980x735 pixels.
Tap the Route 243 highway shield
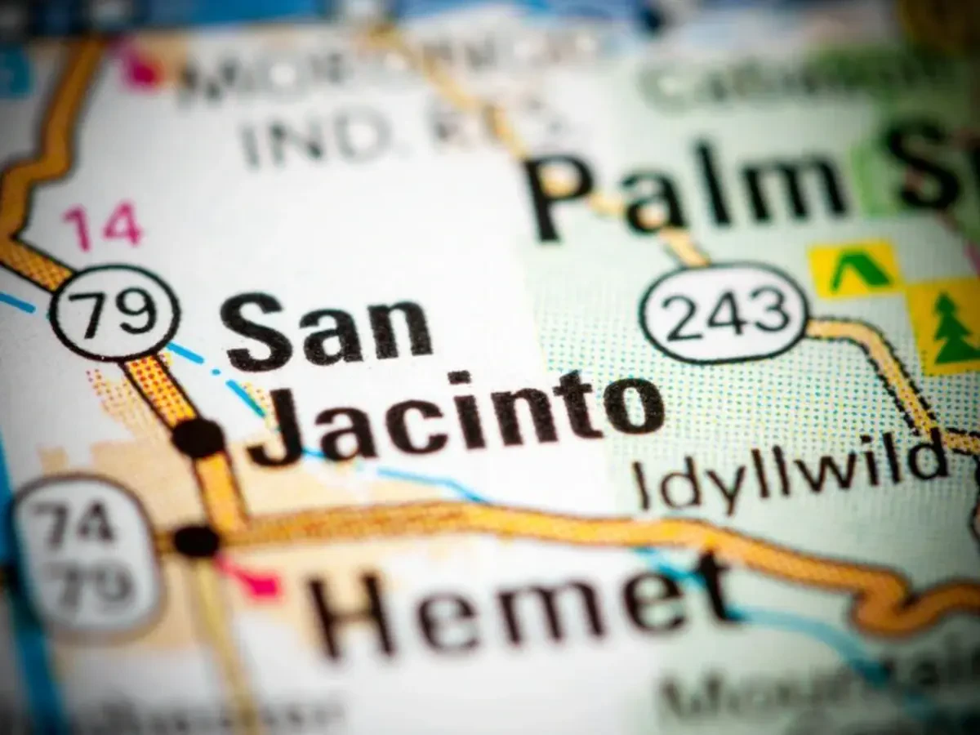click(724, 313)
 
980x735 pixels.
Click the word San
click(327, 328)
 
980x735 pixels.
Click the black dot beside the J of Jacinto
click(198, 438)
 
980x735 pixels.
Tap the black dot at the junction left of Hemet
click(197, 541)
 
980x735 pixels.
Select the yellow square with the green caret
click(854, 269)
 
